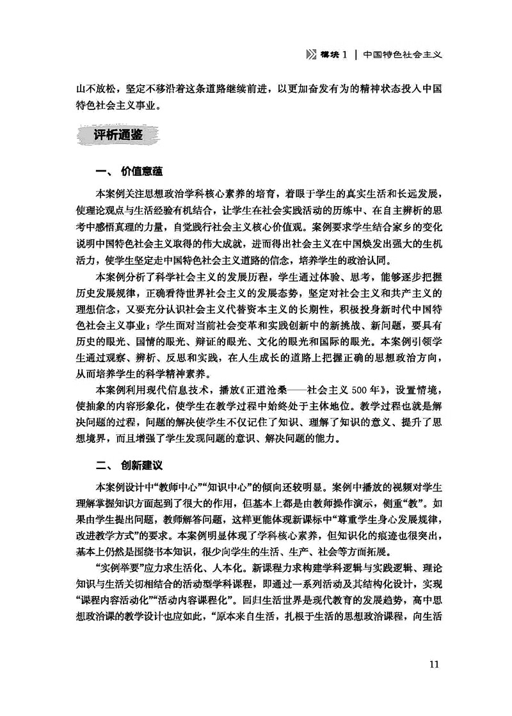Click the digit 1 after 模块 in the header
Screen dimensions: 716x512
pos(344,54)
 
